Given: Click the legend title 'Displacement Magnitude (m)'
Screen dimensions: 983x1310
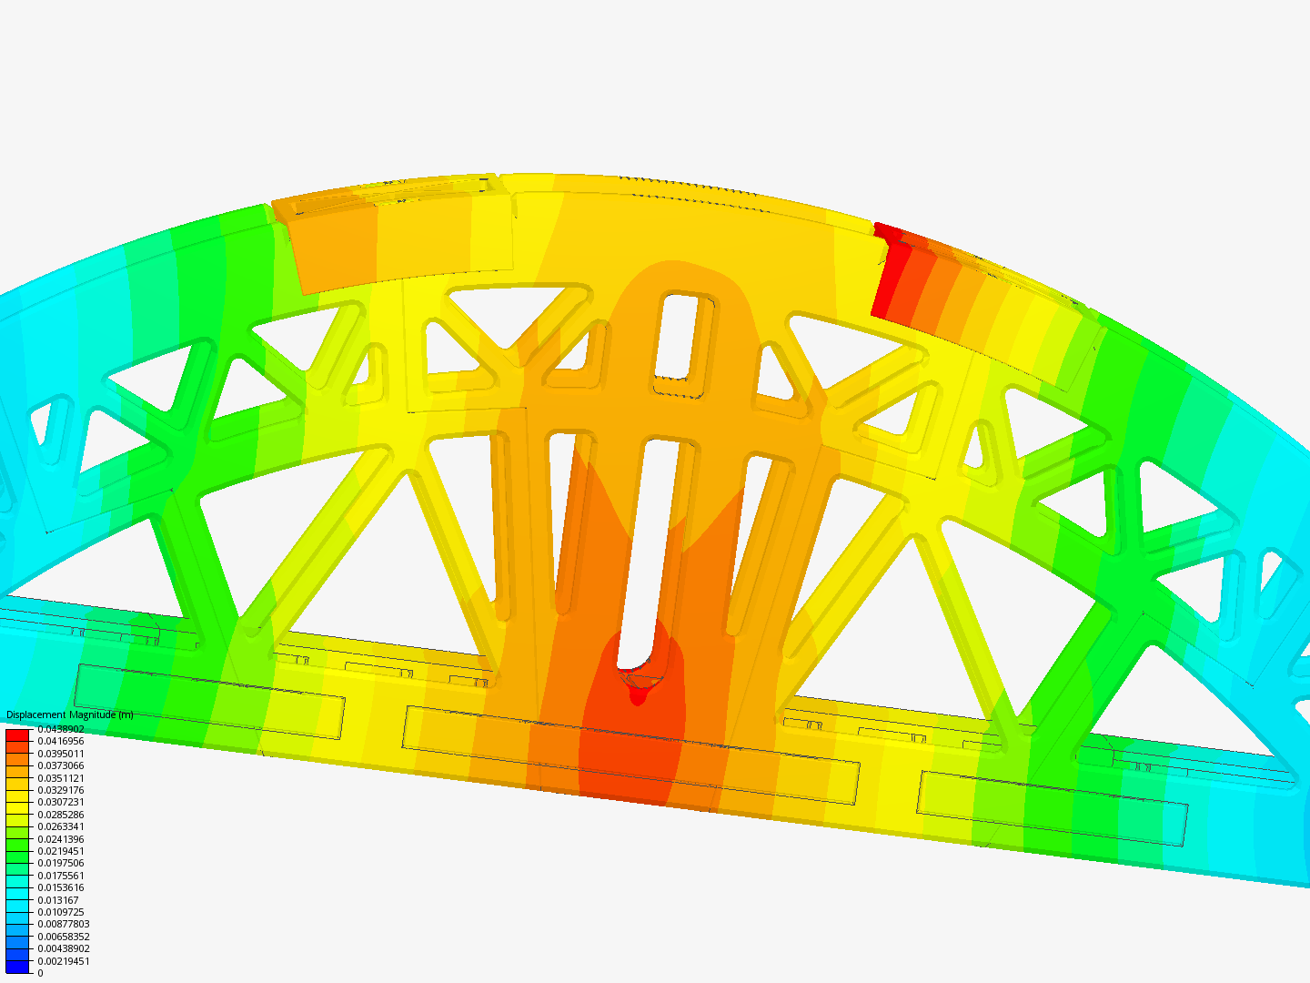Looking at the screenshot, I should click(x=69, y=714).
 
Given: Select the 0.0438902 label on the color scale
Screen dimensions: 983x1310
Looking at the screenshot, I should click(x=60, y=729).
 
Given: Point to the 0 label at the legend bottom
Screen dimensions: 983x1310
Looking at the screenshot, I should click(x=40, y=973).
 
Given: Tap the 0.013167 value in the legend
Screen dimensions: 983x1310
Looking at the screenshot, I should click(x=57, y=900).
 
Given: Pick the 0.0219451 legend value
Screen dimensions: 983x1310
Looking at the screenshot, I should click(x=60, y=851).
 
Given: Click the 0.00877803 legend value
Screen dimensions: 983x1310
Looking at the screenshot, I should click(x=63, y=924).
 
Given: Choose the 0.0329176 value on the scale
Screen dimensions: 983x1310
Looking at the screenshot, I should click(x=60, y=790).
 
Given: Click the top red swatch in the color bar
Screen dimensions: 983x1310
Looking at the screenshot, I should click(x=18, y=735).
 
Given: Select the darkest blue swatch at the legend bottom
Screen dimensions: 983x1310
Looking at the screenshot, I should click(x=18, y=967).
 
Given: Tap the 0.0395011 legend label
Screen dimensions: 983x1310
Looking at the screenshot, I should click(x=60, y=754).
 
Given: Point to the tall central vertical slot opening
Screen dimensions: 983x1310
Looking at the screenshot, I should click(x=652, y=546).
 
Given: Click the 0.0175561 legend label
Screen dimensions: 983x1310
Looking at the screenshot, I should click(x=60, y=876).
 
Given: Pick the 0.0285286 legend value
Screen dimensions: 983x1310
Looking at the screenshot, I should click(x=60, y=815).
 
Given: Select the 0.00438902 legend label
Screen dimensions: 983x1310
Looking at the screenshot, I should click(x=63, y=948).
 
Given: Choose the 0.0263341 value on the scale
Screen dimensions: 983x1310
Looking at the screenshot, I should click(x=60, y=826).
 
